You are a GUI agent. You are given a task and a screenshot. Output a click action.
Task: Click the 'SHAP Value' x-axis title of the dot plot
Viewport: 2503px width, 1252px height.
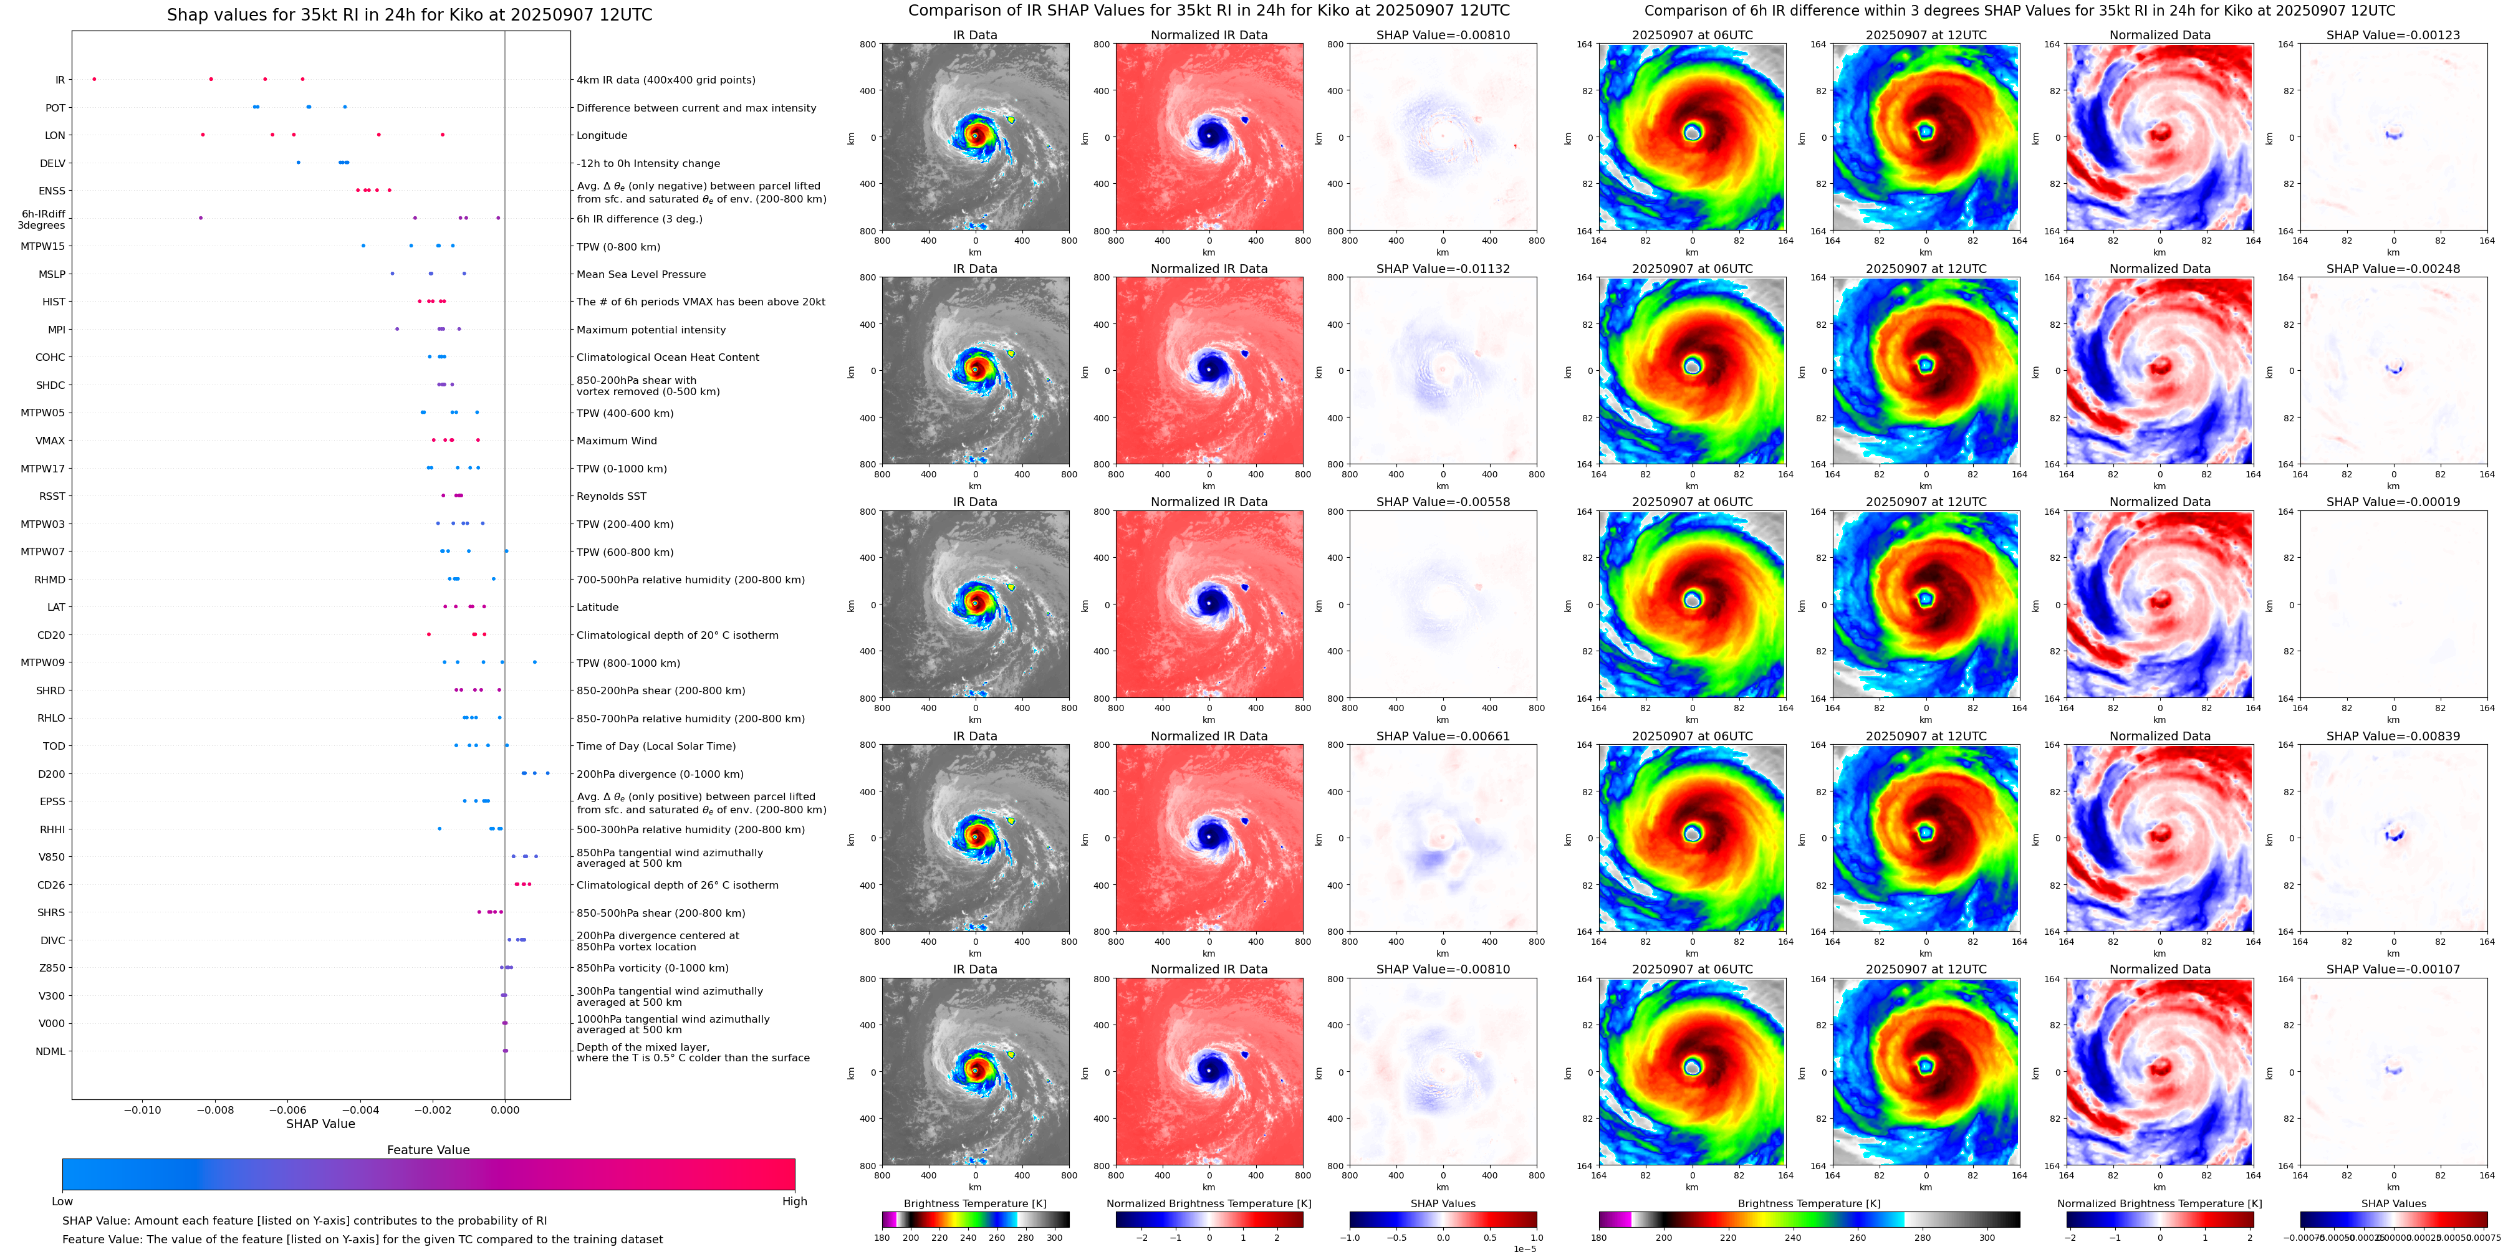(320, 1124)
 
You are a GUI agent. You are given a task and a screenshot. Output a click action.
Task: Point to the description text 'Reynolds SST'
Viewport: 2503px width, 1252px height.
(611, 496)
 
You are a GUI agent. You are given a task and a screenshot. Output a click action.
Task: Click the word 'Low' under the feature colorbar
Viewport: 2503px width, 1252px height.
(62, 1202)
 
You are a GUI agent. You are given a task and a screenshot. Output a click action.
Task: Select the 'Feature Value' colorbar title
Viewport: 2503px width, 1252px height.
(428, 1150)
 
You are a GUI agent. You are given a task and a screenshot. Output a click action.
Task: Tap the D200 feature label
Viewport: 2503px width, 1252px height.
(52, 774)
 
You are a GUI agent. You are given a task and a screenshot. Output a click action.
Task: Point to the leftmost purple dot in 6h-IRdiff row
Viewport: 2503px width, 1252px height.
(201, 217)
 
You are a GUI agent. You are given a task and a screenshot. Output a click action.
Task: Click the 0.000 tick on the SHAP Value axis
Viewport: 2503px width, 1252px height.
(504, 1109)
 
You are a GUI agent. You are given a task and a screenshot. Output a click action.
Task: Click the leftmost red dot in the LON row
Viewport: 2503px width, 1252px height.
(202, 135)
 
